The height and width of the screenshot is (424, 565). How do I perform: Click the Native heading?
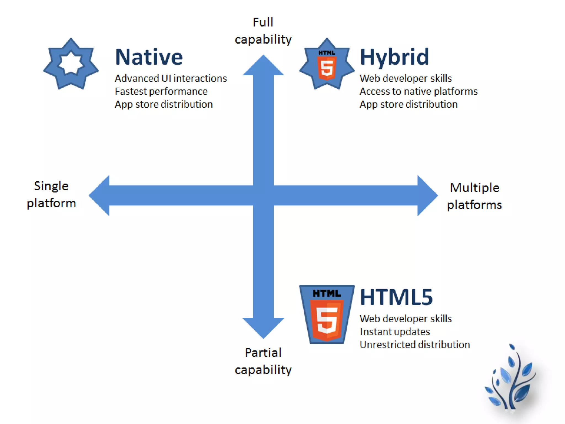click(x=149, y=57)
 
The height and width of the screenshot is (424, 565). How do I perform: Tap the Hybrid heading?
click(x=395, y=57)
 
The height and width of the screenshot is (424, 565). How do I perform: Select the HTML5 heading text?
click(x=396, y=297)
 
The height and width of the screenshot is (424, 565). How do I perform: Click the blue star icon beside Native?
click(x=71, y=64)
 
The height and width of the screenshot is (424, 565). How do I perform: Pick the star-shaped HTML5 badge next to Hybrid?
click(x=327, y=64)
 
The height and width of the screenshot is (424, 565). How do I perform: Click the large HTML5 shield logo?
click(x=327, y=314)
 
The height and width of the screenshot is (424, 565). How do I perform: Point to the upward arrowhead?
click(x=263, y=66)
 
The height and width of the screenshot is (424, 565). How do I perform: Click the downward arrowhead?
click(x=263, y=327)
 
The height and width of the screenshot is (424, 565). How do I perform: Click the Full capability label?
click(x=263, y=31)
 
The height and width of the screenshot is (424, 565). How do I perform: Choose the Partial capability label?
click(x=263, y=361)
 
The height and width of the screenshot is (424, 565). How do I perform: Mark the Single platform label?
click(x=51, y=194)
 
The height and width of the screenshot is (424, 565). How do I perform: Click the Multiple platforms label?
click(x=475, y=196)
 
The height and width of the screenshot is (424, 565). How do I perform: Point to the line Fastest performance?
click(x=161, y=91)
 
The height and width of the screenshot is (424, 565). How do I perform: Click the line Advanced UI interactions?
click(x=171, y=78)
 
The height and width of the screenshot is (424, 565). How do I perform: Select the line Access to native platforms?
click(x=419, y=91)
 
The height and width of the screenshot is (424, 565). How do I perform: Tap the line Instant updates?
click(x=395, y=332)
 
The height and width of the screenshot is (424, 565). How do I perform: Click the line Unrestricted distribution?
click(x=415, y=344)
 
